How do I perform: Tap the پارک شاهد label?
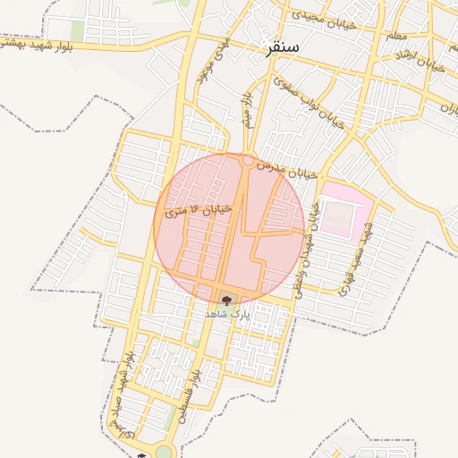tap(225, 315)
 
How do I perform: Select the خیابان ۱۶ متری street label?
tap(199, 212)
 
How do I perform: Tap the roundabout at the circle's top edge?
tap(247, 160)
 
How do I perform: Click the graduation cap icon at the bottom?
tap(140, 454)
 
